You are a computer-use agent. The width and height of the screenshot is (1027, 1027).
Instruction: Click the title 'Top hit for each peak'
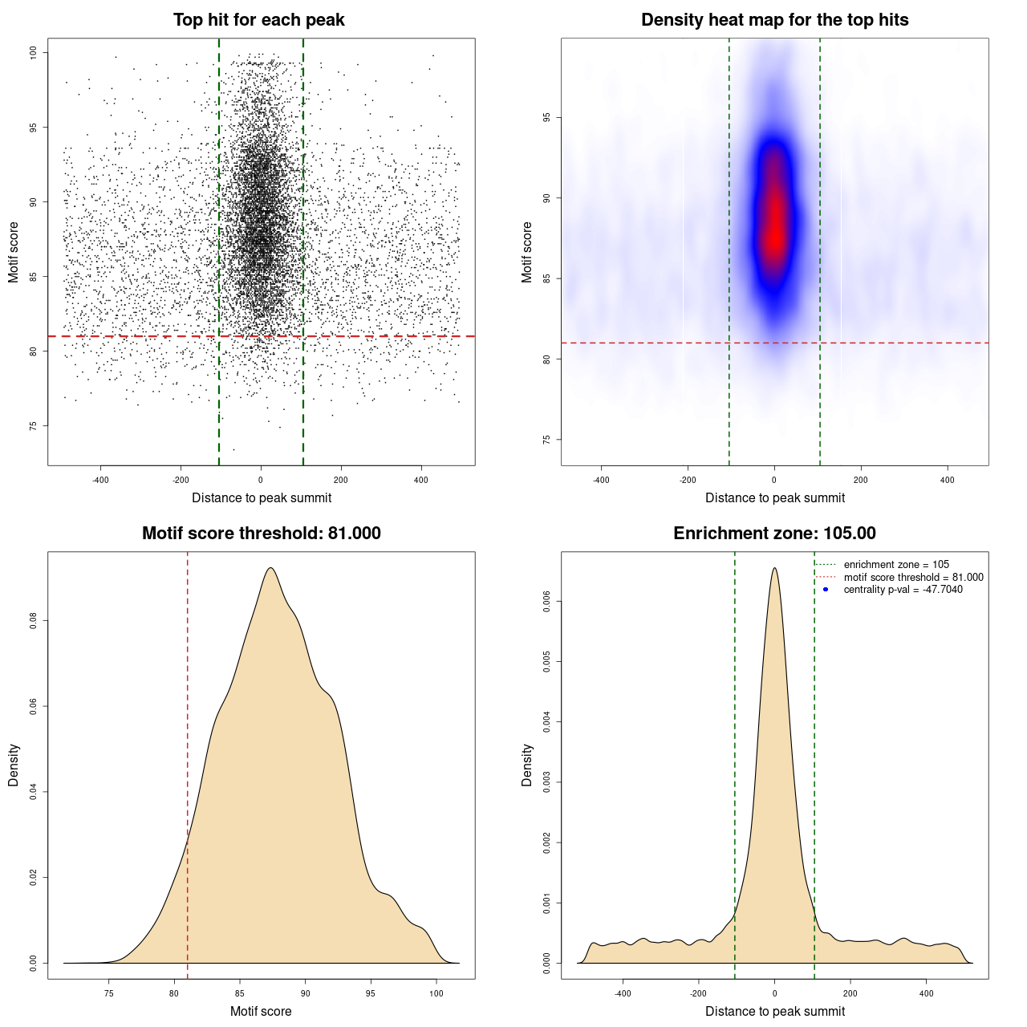click(258, 20)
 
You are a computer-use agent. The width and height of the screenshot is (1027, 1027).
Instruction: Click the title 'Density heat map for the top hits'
click(774, 20)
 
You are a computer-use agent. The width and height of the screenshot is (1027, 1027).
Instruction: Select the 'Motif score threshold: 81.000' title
click(261, 534)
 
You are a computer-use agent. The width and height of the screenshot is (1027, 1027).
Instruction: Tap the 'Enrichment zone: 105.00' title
click(774, 534)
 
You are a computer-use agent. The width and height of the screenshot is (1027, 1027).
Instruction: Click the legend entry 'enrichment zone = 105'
click(895, 565)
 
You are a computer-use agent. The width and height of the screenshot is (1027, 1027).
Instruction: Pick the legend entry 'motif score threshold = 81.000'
click(913, 578)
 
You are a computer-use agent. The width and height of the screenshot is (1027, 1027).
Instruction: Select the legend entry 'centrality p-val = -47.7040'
click(903, 590)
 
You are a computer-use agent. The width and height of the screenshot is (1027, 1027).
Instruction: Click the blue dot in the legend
click(826, 590)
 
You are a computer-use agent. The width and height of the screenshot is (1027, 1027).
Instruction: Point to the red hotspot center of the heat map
click(775, 229)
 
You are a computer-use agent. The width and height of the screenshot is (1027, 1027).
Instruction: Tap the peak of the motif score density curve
click(270, 568)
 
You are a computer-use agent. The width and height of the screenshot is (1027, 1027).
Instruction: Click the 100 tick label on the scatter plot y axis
click(34, 52)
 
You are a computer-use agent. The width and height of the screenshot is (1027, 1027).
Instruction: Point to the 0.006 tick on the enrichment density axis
click(547, 601)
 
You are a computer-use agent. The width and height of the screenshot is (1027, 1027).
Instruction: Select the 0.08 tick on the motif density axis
click(34, 621)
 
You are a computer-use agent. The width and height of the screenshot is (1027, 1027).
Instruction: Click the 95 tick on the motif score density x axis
click(371, 993)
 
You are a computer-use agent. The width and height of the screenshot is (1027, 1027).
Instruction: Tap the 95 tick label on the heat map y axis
click(547, 117)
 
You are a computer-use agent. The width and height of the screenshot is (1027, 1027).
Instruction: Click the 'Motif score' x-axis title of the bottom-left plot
click(261, 1011)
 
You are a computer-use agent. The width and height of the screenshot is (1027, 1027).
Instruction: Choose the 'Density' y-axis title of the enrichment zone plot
click(527, 765)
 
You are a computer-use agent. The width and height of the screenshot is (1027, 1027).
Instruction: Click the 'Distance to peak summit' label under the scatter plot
click(262, 497)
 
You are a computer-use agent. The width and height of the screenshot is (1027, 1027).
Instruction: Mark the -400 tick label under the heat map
click(601, 480)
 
